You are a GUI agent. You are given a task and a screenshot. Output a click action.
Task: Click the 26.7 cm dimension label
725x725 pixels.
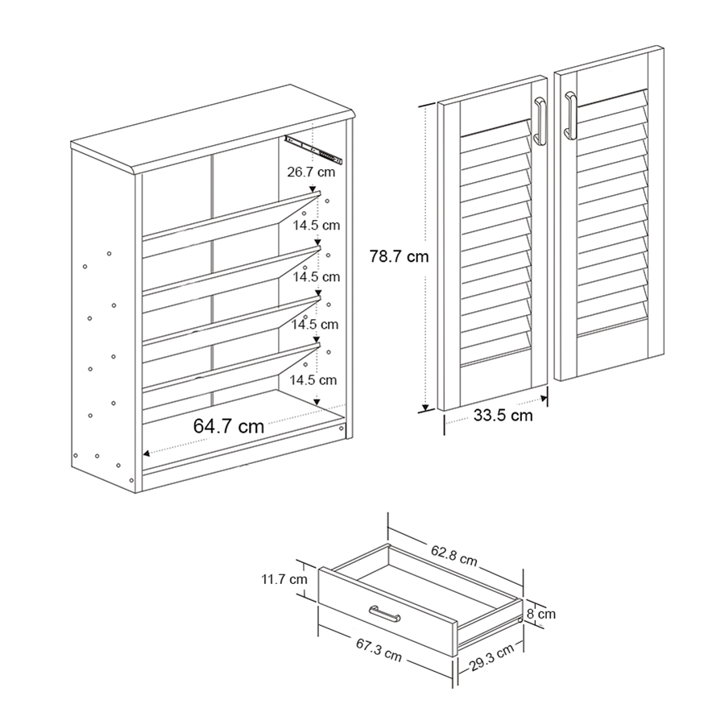coord(311,172)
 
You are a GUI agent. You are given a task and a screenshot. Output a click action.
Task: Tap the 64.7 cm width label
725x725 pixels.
coord(229,426)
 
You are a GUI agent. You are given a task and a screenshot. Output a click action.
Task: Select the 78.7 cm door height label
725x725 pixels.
coord(399,256)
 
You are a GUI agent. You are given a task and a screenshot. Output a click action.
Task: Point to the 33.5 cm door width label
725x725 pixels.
coord(503,415)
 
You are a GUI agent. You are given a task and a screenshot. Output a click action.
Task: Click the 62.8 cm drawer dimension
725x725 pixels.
coord(454,555)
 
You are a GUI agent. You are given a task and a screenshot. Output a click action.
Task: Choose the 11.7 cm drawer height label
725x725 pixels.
coord(284,579)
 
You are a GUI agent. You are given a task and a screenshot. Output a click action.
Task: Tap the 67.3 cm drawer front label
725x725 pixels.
coord(379,649)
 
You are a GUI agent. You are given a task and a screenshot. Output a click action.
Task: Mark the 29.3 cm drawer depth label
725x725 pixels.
coord(492,658)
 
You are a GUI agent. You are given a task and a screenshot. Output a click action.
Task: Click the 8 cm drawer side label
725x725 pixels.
coord(541,614)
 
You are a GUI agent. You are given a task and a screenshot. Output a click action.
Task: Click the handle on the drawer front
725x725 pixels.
coord(385,614)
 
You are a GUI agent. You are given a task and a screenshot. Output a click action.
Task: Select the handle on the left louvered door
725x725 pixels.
coord(540,122)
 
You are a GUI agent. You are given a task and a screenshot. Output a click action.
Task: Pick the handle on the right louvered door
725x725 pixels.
coord(570,114)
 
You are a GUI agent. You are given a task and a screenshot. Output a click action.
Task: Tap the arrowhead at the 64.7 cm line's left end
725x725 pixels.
coord(146,454)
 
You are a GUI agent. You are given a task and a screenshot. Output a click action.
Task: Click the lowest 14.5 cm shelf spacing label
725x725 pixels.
coord(313,380)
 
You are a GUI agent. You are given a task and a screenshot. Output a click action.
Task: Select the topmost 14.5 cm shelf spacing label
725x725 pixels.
coord(317,226)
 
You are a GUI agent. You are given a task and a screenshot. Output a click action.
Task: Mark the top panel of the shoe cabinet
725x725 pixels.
coord(213,127)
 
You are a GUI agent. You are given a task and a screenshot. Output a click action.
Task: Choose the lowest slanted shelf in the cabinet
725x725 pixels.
coord(231,368)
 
